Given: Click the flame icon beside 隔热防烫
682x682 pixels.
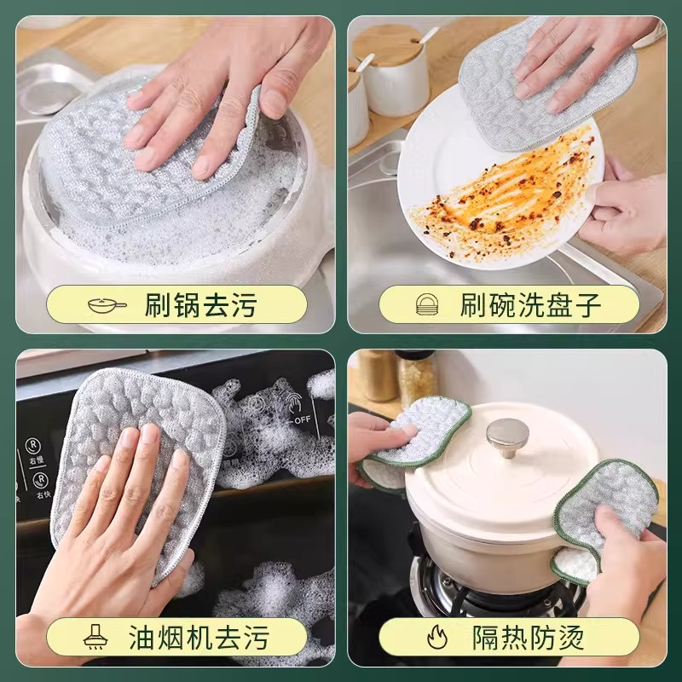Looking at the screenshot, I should click(x=435, y=636).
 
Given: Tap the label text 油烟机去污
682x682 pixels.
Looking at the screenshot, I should click(x=201, y=636).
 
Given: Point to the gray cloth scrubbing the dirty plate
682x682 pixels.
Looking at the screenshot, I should click(x=546, y=85).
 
